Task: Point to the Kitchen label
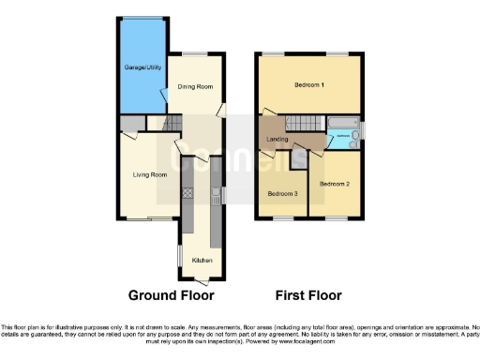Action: pos(202,259)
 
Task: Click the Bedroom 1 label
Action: pos(308,85)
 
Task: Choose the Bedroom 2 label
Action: pos(334,184)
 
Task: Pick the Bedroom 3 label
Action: pos(282,194)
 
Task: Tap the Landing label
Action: pos(277,141)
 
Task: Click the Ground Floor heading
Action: pos(171,295)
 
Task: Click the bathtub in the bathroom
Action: pos(338,125)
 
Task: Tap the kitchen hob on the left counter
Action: pos(186,194)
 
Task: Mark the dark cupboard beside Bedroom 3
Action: pos(299,160)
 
